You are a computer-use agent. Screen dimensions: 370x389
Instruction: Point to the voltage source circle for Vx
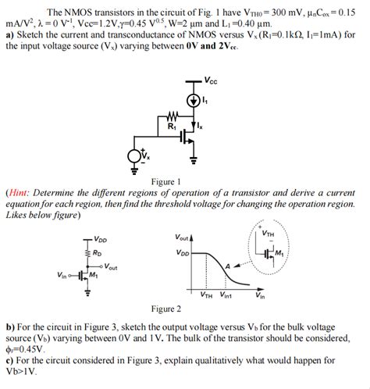tap(137, 157)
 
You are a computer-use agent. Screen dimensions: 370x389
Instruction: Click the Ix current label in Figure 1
tap(209, 125)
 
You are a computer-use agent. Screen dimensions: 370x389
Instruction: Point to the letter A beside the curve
tap(228, 267)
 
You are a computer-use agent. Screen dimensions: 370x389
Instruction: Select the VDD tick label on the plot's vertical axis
tap(182, 253)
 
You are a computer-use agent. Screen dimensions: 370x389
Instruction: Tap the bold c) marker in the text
tap(10, 361)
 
